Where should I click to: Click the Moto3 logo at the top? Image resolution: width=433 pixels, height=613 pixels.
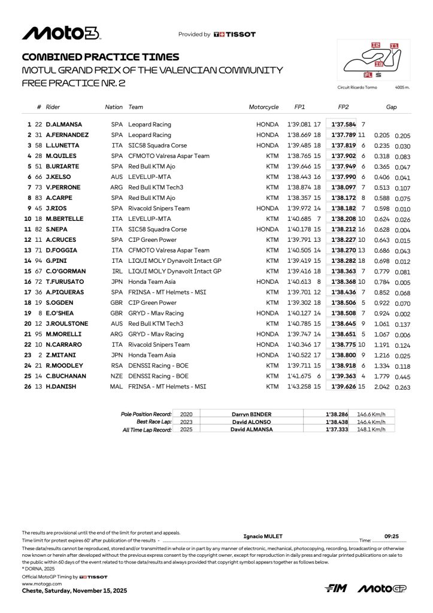point(61,34)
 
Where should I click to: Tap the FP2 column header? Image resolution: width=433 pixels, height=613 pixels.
point(343,107)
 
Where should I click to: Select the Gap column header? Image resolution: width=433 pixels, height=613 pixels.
point(391,107)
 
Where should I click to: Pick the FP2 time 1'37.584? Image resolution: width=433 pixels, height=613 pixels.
point(344,125)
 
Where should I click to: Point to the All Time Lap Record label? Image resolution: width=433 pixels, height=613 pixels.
point(147,430)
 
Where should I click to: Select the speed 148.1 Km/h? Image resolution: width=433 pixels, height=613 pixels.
point(371,430)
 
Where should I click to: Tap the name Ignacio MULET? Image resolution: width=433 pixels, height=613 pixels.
point(264,536)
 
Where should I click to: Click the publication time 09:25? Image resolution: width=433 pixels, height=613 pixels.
point(392,536)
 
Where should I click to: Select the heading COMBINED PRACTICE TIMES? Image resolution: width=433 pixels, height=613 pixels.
point(100,57)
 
